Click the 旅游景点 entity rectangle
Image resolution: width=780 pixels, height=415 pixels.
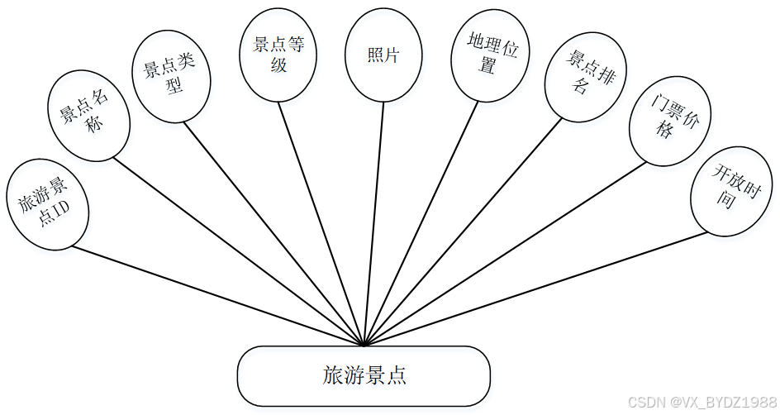coord(364,376)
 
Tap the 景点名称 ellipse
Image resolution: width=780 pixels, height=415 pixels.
coord(88,115)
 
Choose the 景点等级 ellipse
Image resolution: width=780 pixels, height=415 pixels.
coord(278,55)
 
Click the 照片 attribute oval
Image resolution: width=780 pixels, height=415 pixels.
coord(383,55)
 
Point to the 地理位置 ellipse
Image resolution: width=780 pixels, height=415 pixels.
coord(487,56)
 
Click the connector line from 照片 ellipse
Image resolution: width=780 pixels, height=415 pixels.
coord(373,223)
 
